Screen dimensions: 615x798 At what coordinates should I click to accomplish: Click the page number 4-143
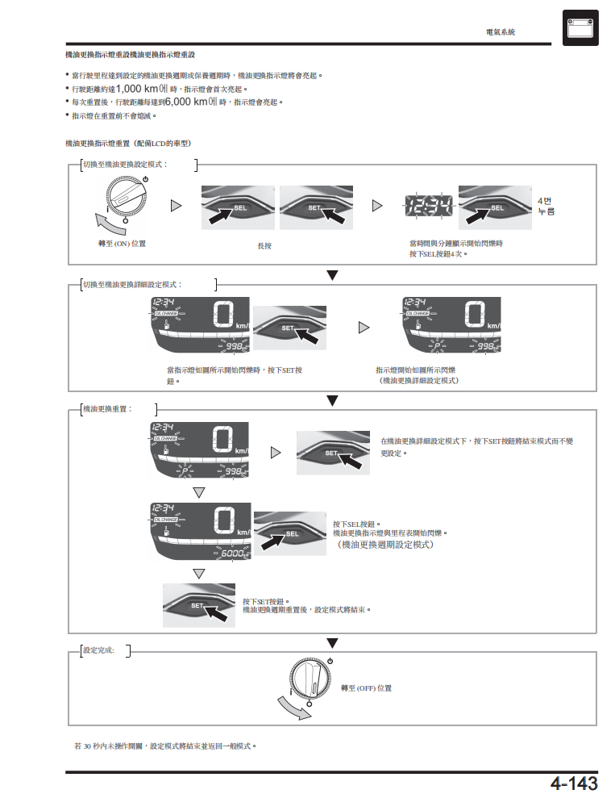click(x=574, y=783)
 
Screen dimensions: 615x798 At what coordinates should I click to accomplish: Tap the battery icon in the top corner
click(x=580, y=27)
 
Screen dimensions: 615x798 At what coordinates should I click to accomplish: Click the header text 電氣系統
click(x=500, y=32)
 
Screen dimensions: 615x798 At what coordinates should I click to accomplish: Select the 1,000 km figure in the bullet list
click(x=137, y=89)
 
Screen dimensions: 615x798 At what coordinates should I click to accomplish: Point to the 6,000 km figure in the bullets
click(x=186, y=102)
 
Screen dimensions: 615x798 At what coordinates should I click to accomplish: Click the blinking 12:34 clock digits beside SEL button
click(x=429, y=206)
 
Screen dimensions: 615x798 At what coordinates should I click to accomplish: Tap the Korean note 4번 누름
click(x=546, y=206)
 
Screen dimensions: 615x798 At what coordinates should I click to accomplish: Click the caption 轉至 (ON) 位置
click(x=122, y=244)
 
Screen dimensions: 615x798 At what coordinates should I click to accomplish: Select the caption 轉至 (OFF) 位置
click(x=366, y=688)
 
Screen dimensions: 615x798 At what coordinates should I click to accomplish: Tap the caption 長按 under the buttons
click(x=264, y=246)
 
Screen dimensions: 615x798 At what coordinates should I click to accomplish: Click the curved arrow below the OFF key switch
click(x=294, y=708)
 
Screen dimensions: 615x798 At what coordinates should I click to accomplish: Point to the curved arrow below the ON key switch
click(x=110, y=224)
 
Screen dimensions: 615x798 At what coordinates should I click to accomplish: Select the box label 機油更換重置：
click(x=108, y=408)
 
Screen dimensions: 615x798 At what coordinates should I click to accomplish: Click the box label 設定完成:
click(x=98, y=650)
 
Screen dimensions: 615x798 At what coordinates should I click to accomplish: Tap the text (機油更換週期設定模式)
click(x=385, y=545)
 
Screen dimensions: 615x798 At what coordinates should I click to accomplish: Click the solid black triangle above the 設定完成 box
click(x=332, y=643)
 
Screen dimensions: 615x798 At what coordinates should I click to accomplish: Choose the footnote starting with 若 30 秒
click(x=165, y=746)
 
